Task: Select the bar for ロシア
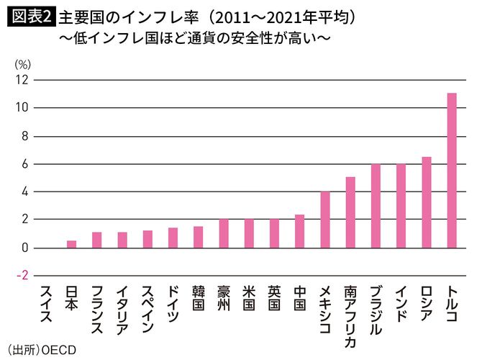[426, 202]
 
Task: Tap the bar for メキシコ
[325, 220]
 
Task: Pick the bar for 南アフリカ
[350, 212]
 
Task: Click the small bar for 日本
[71, 244]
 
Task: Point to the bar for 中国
[299, 231]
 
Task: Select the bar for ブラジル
[376, 206]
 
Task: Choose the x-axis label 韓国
[199, 299]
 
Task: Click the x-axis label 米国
[249, 299]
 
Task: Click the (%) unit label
[23, 63]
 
